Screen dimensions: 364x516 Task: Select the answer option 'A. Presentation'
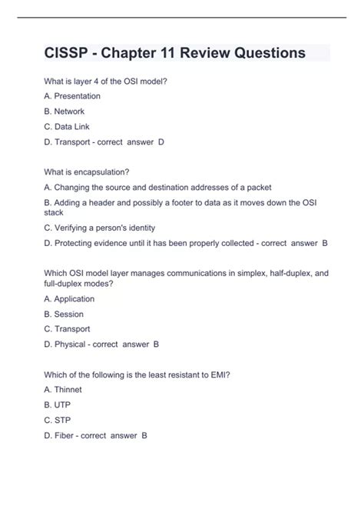[72, 96]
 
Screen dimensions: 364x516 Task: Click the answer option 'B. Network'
[64, 111]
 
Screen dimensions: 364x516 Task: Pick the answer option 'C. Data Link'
[67, 126]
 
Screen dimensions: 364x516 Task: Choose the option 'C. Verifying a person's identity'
[100, 228]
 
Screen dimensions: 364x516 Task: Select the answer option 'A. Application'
[69, 298]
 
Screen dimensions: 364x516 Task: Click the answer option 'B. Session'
[64, 314]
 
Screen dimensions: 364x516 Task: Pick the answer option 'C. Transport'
[68, 329]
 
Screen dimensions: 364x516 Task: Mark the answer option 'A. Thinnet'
[63, 390]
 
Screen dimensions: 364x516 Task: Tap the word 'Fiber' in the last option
[65, 435]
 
